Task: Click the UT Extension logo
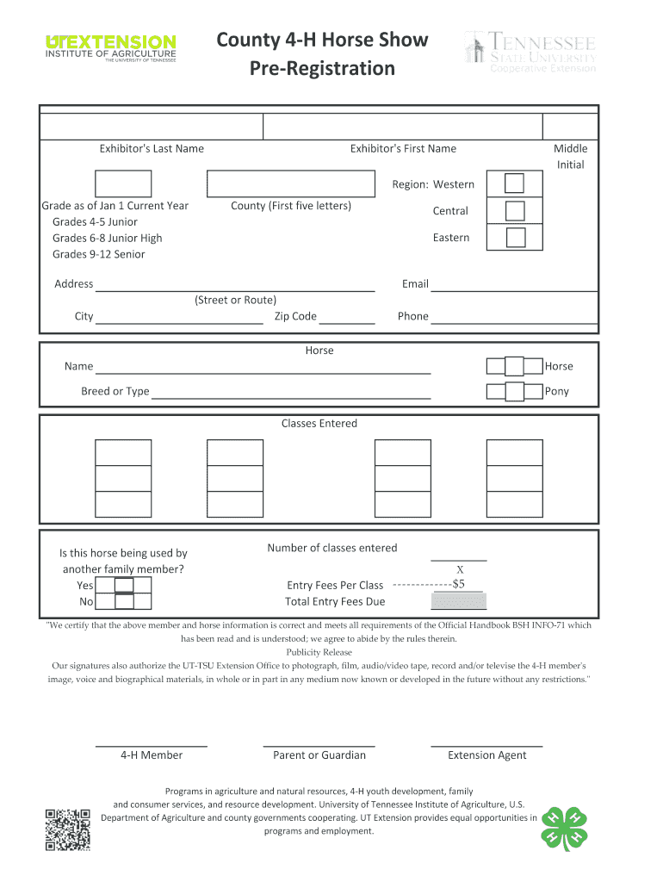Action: (110, 48)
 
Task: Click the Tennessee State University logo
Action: (530, 52)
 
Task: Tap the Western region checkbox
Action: (514, 184)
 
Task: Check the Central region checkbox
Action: (514, 211)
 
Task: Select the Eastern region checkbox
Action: (514, 238)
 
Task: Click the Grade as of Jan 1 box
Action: (122, 184)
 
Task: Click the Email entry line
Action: (514, 286)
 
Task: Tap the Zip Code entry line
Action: (347, 318)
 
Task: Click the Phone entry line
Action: (514, 318)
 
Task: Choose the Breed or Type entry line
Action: (291, 393)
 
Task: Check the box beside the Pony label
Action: (514, 392)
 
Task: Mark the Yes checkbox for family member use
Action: (124, 586)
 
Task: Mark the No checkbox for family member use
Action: (124, 602)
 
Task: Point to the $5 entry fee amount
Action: (459, 584)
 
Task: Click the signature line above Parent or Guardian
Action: (319, 743)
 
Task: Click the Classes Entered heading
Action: (319, 424)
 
